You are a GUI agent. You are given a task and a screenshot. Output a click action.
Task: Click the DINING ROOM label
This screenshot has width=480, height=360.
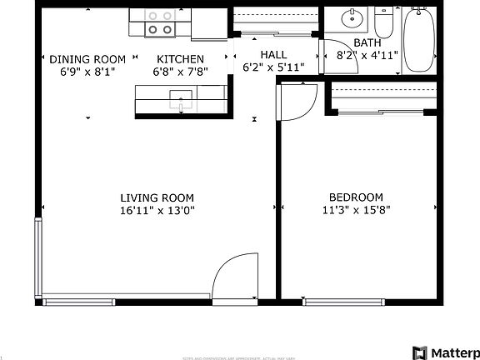point(87,59)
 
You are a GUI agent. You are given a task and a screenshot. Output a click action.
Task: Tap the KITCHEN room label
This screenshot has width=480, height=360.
point(180,59)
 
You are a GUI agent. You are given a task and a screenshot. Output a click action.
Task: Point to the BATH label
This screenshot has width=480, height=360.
point(367,42)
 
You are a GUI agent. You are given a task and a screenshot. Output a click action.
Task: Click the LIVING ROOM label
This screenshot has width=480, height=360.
point(157,197)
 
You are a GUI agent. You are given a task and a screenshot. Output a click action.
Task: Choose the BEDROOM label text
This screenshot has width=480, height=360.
point(356,197)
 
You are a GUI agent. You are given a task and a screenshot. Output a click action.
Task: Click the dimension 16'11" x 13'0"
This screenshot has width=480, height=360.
point(157,211)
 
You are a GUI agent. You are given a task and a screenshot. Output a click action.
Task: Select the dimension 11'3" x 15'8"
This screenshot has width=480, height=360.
point(356,211)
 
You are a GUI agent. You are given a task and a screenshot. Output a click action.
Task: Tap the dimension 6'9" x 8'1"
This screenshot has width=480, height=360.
point(87,72)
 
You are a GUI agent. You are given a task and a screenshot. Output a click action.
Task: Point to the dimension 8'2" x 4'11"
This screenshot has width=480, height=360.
point(367,55)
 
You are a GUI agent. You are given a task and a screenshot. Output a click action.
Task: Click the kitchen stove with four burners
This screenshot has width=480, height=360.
point(160,22)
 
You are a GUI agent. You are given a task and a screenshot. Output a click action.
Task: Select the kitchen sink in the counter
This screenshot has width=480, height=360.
point(182,102)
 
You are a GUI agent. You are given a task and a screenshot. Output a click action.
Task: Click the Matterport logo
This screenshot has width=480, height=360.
point(446,352)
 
